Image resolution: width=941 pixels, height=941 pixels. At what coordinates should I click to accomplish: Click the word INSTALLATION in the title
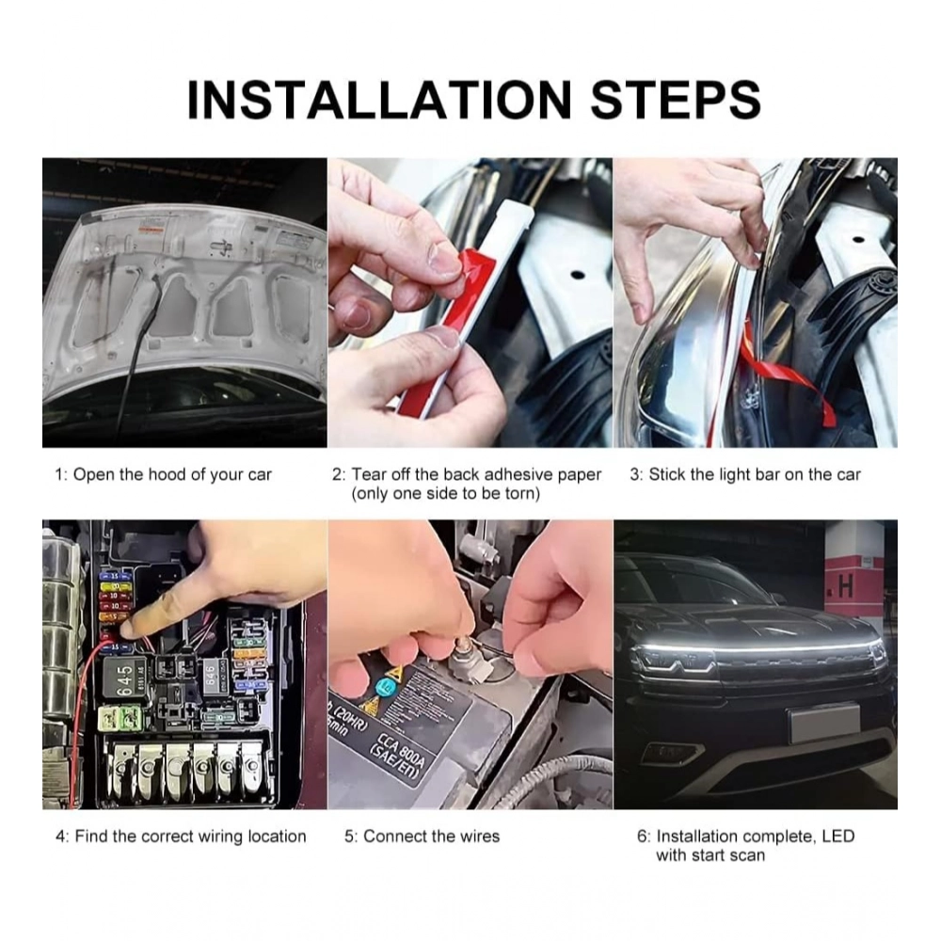(379, 99)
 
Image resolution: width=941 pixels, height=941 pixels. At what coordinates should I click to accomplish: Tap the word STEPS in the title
(676, 99)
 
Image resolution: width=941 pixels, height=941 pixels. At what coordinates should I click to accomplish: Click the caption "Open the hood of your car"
(172, 474)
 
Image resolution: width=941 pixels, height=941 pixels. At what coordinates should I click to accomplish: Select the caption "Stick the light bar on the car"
(755, 474)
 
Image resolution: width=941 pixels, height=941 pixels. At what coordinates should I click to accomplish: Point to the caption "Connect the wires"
(431, 836)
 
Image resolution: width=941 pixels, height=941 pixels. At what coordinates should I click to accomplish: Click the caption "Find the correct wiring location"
(190, 836)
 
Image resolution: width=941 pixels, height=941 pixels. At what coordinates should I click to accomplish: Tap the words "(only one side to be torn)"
(445, 494)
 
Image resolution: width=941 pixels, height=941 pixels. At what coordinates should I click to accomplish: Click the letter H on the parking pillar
(845, 587)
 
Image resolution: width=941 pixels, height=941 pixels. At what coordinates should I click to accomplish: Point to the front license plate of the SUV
(824, 724)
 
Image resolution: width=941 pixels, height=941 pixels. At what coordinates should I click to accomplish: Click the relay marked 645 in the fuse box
(124, 679)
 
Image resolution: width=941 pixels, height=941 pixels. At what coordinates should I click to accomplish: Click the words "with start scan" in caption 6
(710, 854)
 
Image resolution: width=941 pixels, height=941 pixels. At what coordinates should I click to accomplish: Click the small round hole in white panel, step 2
(578, 276)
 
